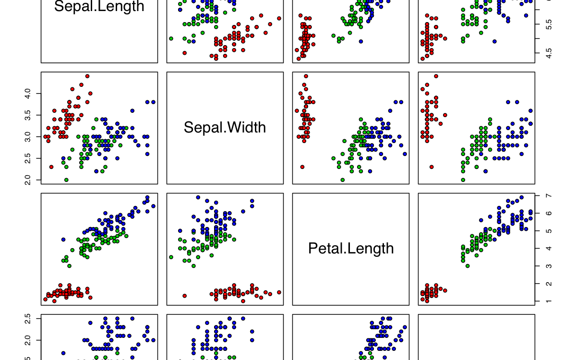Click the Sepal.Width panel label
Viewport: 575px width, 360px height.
pos(225,127)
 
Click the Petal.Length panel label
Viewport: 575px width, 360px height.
pos(351,248)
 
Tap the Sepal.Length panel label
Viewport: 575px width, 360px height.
pos(99,7)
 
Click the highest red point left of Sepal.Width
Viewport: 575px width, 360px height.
pos(87,76)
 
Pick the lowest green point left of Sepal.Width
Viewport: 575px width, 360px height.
pos(66,180)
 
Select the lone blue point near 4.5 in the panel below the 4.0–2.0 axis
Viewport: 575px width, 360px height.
pos(63,240)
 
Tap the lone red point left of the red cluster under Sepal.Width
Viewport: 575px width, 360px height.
pos(184,296)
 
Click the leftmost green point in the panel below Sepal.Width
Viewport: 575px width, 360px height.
pos(171,257)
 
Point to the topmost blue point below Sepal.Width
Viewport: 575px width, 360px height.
pos(198,197)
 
